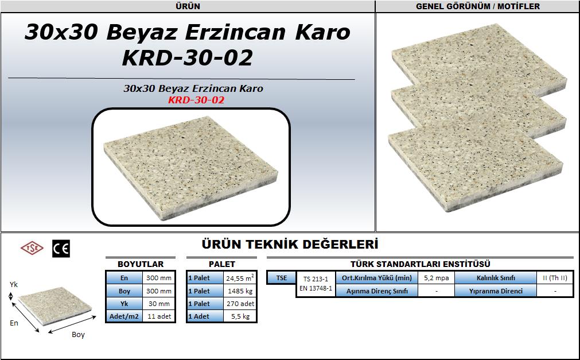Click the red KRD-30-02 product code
196,100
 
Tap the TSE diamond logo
32,248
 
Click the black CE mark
61,249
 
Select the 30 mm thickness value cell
159,304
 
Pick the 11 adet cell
159,316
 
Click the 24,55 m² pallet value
240,278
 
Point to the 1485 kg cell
240,291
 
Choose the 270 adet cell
240,304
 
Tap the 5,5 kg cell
240,316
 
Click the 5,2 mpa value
437,278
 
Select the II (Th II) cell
555,278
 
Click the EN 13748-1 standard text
316,288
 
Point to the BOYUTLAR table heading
141,264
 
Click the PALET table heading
222,264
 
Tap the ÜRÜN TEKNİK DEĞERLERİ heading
290,245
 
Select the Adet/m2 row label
124,316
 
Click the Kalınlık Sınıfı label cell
496,278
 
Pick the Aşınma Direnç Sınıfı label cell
377,291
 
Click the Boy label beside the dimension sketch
78,335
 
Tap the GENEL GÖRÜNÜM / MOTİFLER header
478,6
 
